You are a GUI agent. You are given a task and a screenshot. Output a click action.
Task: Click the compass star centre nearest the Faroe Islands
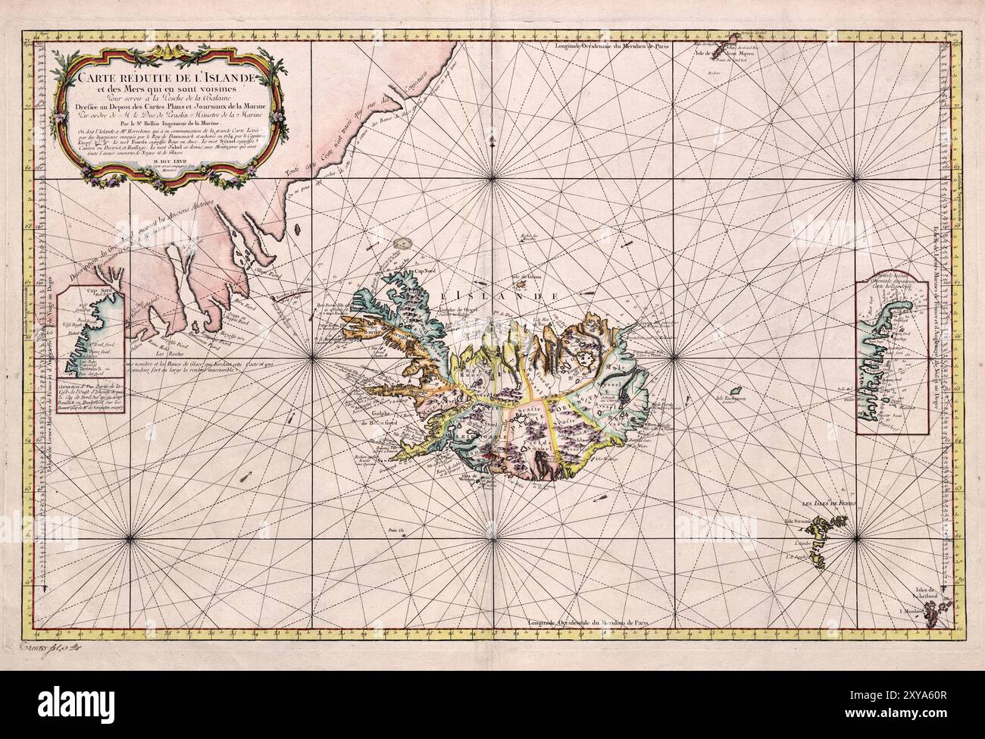856,537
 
